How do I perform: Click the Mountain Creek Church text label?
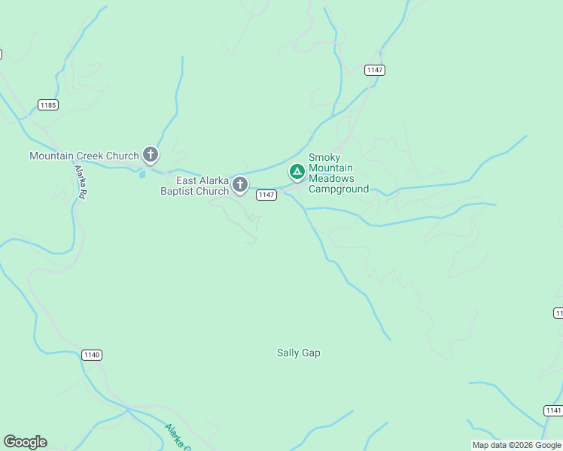[x=84, y=156]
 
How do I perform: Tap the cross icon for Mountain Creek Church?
[x=151, y=155]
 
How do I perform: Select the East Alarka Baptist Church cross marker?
[x=240, y=183]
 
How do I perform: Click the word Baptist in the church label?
[x=177, y=191]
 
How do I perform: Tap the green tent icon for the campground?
[x=297, y=173]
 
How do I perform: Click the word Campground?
[x=339, y=189]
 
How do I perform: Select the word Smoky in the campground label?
[x=324, y=157]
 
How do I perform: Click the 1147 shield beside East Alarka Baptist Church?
[x=266, y=195]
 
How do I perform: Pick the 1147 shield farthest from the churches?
[x=375, y=70]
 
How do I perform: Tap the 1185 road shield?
[x=48, y=104]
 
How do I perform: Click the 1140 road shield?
[x=91, y=355]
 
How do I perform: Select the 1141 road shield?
[x=552, y=410]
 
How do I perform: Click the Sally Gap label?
[x=299, y=353]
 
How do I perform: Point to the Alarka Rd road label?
[x=81, y=183]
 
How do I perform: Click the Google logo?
[x=25, y=442]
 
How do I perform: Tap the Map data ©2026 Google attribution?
[x=516, y=445]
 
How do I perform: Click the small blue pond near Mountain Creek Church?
[x=142, y=174]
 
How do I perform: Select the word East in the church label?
[x=187, y=180]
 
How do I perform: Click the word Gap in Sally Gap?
[x=311, y=353]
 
